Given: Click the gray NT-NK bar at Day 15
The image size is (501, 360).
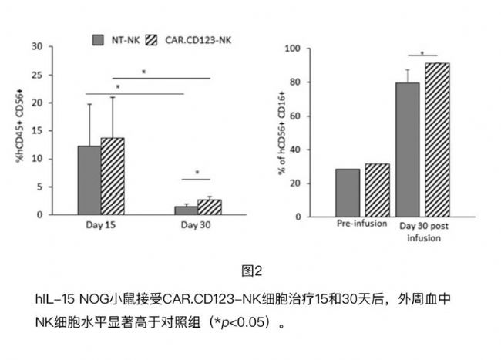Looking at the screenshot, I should (x=89, y=180).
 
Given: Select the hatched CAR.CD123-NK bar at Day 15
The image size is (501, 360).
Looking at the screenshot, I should (x=113, y=177).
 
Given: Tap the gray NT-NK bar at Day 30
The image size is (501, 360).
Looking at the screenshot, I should (x=186, y=210).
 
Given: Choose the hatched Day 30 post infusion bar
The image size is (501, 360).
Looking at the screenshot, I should (x=437, y=139).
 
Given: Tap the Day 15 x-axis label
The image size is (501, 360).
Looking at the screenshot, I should (x=100, y=225).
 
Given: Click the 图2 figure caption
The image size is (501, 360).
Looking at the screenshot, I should (x=252, y=271).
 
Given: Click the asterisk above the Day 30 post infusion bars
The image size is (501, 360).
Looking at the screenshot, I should (x=422, y=52).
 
